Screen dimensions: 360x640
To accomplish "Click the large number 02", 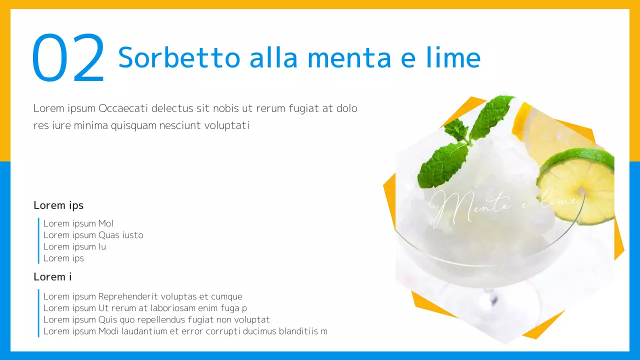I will (68, 58).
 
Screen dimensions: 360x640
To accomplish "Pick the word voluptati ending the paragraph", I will (226, 125).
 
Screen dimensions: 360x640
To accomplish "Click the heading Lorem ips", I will (58, 205).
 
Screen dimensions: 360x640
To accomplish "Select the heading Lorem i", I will (52, 276).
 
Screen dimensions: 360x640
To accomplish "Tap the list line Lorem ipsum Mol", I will (78, 223).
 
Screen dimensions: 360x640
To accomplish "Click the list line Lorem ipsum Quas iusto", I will (93, 235).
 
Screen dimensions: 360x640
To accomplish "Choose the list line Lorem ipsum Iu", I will (74, 246).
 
